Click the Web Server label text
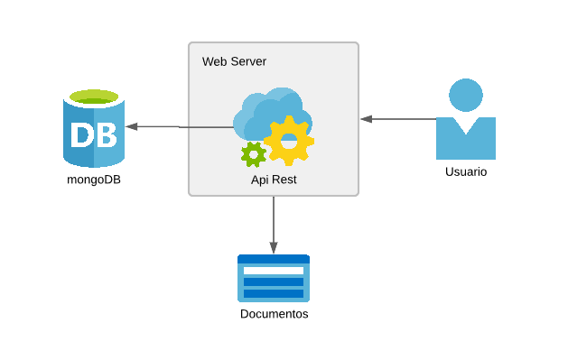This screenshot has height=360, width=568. [x=234, y=61]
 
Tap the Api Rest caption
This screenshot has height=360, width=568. [x=274, y=180]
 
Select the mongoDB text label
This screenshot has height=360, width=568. [x=94, y=179]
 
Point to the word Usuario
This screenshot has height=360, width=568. [x=466, y=171]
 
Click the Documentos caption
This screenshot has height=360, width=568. [x=274, y=314]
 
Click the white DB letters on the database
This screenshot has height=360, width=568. [x=94, y=135]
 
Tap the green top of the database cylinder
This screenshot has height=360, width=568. [x=94, y=97]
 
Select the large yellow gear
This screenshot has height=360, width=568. [x=289, y=141]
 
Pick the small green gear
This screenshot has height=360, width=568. [x=254, y=154]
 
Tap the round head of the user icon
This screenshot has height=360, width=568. [x=466, y=95]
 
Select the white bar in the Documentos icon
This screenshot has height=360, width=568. [x=274, y=271]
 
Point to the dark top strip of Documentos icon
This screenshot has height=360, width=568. [x=274, y=259]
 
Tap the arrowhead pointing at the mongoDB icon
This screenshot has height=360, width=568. [x=131, y=126]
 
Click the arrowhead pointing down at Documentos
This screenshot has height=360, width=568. [x=274, y=248]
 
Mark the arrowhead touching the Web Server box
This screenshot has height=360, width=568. [x=367, y=118]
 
